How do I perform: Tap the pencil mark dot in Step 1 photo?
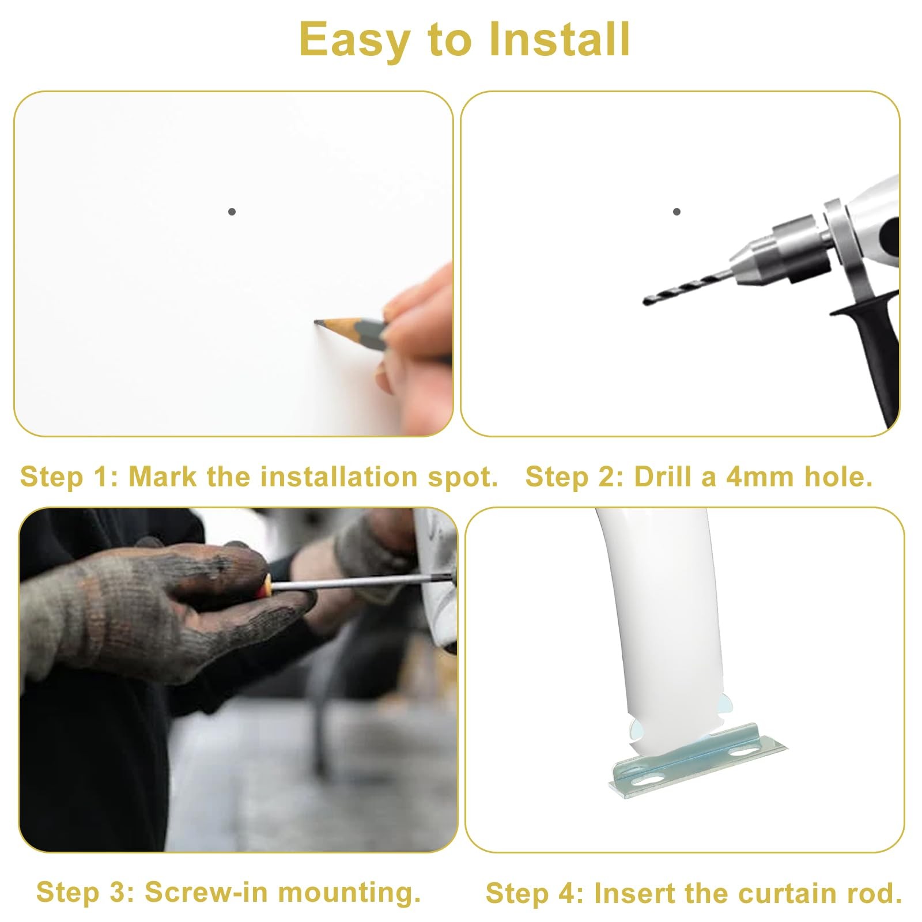pos(232,211)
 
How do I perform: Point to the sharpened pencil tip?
pos(316,323)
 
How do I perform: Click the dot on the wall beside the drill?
pos(677,211)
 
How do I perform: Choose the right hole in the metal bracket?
pos(743,752)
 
